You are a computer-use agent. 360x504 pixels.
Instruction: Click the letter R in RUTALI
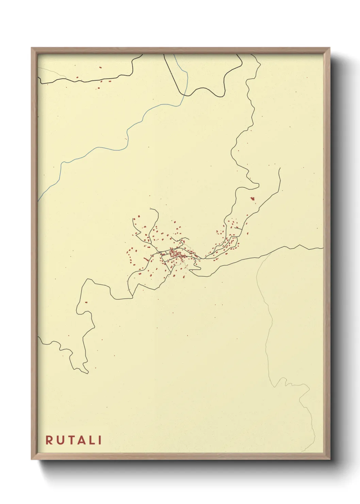tap(49, 440)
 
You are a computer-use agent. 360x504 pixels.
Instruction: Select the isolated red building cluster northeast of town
tap(252, 199)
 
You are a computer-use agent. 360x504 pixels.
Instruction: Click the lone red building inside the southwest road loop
tap(86, 302)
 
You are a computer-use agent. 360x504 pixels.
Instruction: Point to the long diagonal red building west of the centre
tap(146, 260)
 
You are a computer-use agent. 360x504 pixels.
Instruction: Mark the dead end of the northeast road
tap(279, 168)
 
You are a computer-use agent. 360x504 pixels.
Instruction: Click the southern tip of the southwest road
tap(88, 373)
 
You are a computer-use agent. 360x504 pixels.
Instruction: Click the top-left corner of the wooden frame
tap(32, 48)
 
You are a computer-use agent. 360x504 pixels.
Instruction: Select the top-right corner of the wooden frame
tap(330, 48)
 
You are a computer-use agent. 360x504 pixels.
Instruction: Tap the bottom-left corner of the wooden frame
tap(32, 459)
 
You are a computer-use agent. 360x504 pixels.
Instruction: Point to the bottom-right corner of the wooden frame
tap(330, 459)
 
